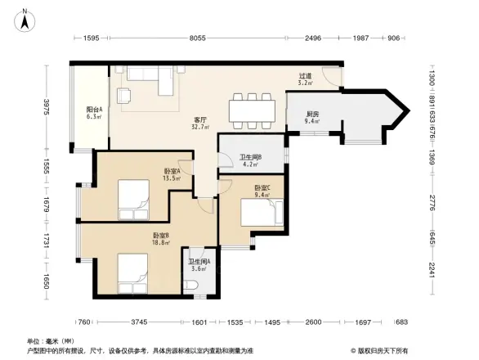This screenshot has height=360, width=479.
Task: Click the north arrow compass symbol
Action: point(25,18)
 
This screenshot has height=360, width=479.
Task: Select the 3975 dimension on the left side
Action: point(47,106)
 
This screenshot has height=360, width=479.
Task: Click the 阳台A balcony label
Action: point(94,113)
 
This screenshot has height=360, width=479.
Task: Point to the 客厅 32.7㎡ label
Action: point(200,123)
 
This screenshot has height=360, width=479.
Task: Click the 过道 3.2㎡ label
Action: point(306,79)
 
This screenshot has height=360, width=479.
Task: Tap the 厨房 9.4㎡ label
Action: point(312,118)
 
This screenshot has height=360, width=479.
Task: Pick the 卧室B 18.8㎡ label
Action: point(161,239)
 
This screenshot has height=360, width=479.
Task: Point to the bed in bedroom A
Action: point(133,196)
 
